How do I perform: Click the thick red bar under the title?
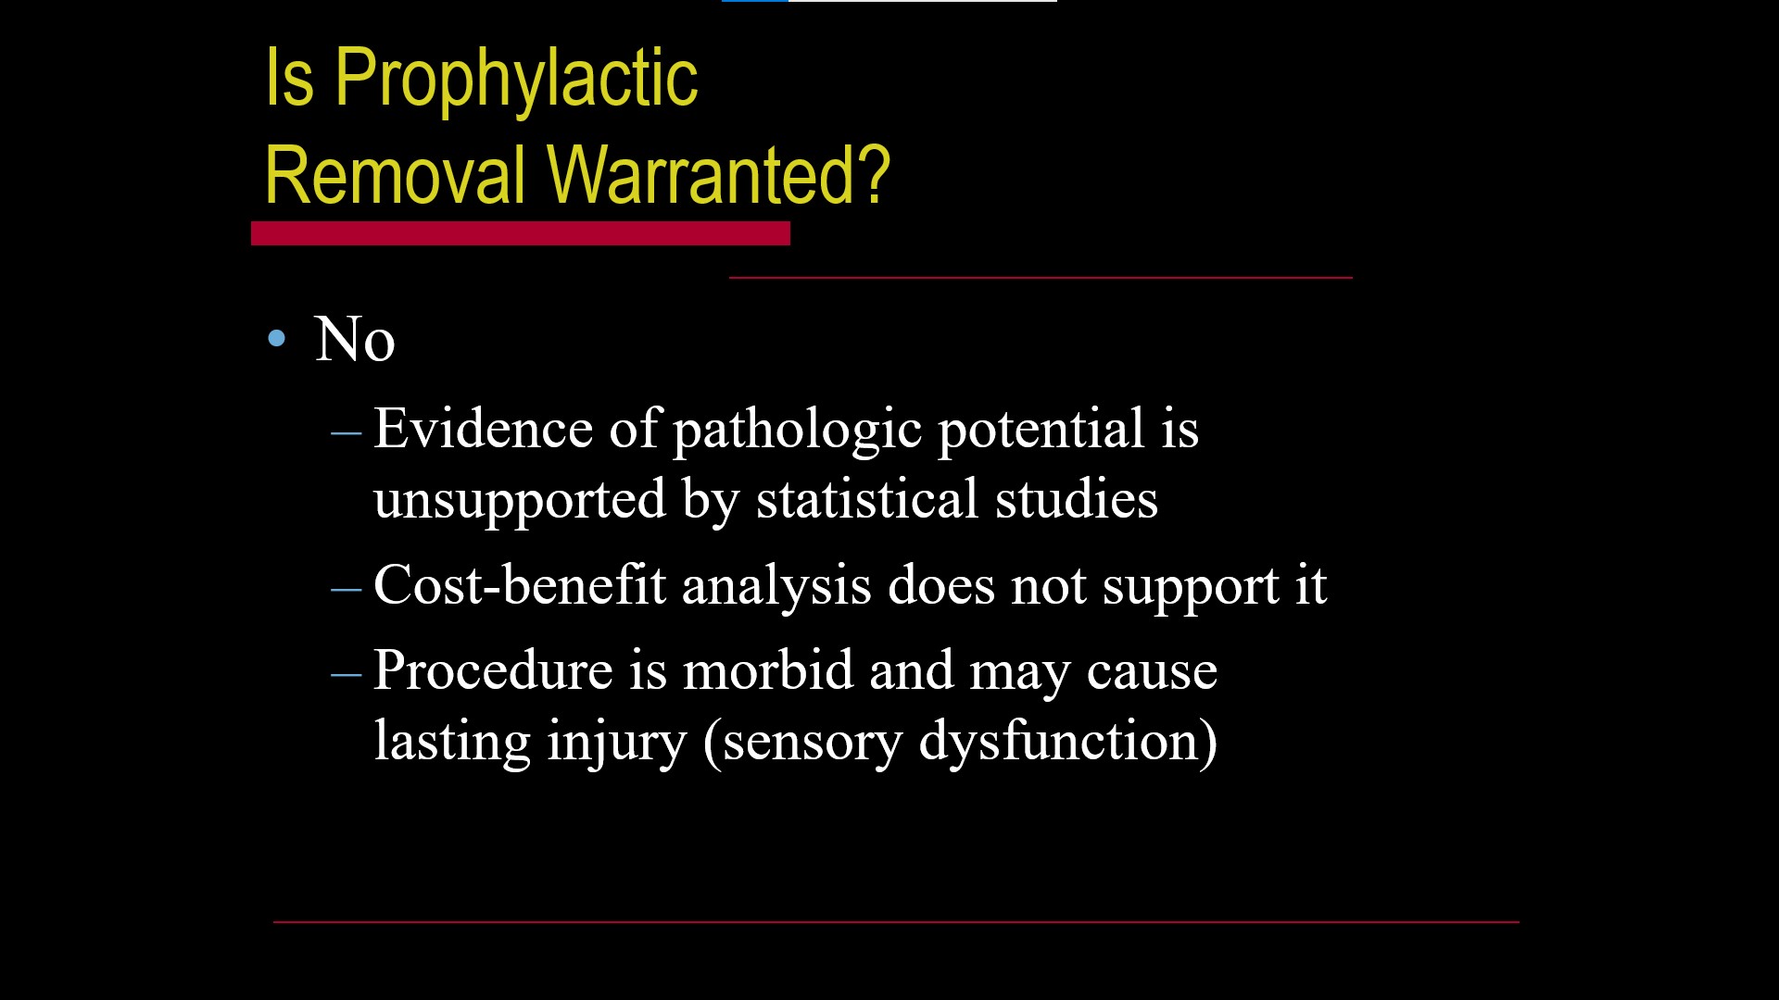521,233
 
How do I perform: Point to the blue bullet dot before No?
276,338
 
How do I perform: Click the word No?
355,339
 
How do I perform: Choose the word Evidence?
483,429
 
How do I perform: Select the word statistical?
867,499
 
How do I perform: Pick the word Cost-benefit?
520,585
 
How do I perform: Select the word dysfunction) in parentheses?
1068,742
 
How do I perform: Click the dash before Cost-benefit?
346,589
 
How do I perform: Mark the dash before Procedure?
346,674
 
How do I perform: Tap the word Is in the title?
290,79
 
